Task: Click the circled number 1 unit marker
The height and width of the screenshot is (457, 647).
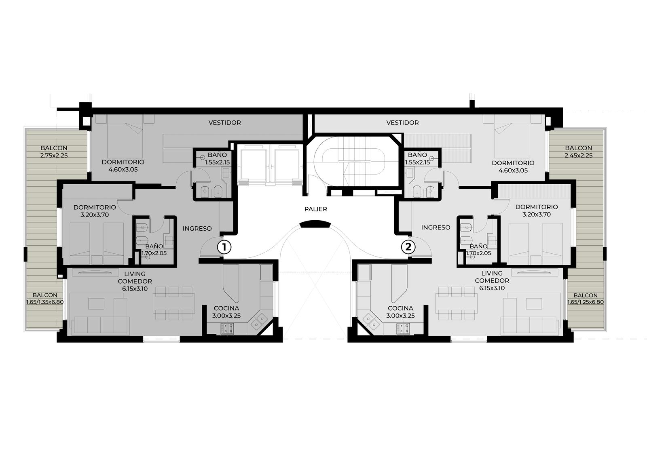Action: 224,247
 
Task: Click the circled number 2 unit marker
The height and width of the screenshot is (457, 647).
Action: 408,247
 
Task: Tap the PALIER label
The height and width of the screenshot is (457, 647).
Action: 316,209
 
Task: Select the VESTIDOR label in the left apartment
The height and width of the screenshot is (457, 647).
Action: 224,123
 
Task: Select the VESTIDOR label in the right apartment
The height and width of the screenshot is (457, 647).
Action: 402,123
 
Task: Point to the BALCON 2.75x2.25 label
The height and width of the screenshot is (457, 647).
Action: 54,152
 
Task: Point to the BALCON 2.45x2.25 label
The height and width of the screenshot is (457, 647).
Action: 579,152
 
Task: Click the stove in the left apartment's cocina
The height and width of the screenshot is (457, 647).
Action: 227,329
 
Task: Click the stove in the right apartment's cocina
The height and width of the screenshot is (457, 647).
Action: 403,329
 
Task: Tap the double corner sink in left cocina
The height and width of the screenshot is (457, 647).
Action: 258,321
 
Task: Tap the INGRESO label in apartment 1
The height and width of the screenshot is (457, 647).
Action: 197,229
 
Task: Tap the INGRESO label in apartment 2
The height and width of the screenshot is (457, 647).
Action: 436,227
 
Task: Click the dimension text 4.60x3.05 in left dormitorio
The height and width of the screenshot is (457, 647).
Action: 123,169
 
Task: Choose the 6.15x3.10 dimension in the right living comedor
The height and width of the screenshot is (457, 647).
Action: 492,288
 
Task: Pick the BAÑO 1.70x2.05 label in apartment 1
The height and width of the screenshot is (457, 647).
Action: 154,250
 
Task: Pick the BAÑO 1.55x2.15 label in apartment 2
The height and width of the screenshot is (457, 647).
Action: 417,158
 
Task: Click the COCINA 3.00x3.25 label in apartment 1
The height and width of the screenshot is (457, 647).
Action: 226,312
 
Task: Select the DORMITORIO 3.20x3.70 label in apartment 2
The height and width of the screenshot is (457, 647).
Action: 536,211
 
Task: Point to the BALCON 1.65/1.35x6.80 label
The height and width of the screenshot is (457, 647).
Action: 45,299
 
